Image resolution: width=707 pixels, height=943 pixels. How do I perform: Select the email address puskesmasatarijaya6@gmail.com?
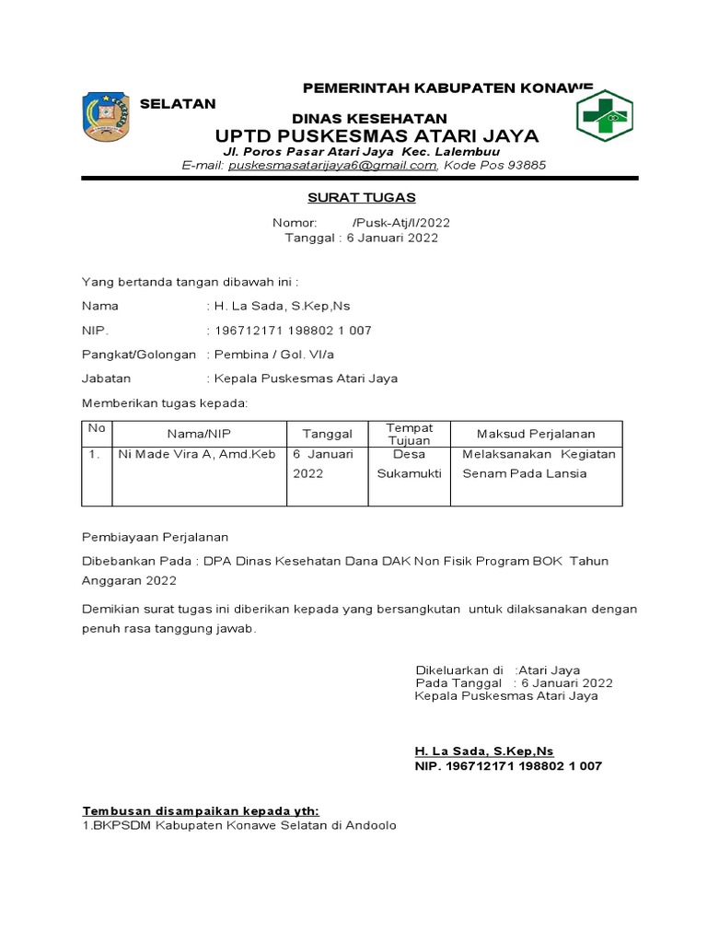click(x=332, y=166)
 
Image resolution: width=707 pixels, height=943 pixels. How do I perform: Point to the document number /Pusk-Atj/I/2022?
click(x=401, y=223)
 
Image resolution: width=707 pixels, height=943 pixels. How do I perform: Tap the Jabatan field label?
click(x=107, y=378)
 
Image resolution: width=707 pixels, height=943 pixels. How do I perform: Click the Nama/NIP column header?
click(x=199, y=434)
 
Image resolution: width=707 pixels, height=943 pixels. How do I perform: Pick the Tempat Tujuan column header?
click(x=409, y=434)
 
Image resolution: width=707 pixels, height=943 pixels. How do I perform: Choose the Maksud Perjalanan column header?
click(x=536, y=434)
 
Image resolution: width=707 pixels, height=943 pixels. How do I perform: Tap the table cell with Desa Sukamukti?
click(x=409, y=464)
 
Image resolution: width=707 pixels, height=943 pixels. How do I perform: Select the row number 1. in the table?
click(x=94, y=455)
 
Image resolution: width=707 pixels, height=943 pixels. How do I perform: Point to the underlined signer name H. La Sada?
click(x=484, y=751)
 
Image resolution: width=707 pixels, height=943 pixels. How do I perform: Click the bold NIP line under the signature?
click(x=508, y=766)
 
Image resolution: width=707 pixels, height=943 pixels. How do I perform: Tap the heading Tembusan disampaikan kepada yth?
click(x=201, y=810)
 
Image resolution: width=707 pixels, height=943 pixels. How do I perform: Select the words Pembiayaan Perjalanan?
click(x=155, y=537)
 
